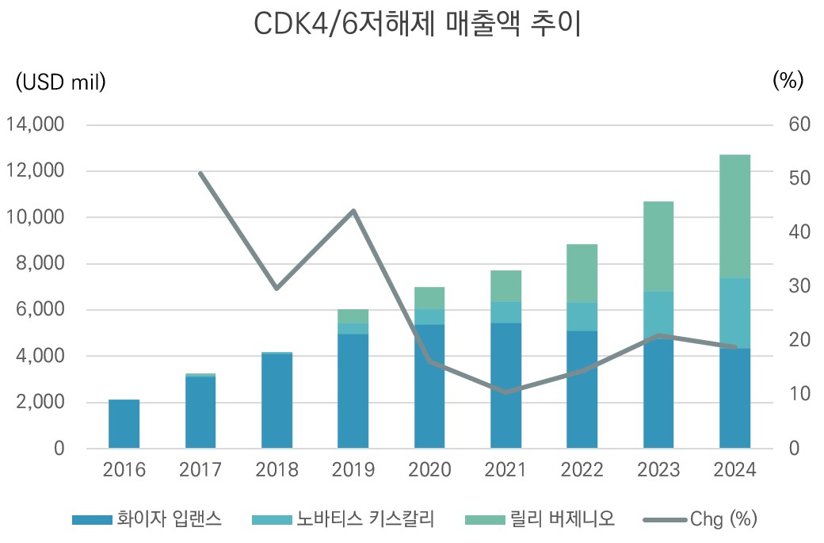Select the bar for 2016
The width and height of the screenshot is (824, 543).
(124, 424)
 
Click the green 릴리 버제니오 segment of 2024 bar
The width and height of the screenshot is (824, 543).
(734, 216)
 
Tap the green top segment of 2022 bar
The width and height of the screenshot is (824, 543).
(582, 273)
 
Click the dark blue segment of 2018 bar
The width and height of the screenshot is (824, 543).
(277, 400)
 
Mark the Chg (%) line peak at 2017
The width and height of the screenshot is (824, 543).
(201, 174)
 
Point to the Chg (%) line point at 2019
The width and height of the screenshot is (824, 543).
(353, 211)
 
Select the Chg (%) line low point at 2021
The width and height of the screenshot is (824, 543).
(506, 392)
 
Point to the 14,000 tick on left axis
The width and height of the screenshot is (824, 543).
(35, 125)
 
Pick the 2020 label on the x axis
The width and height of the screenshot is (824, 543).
(429, 470)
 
